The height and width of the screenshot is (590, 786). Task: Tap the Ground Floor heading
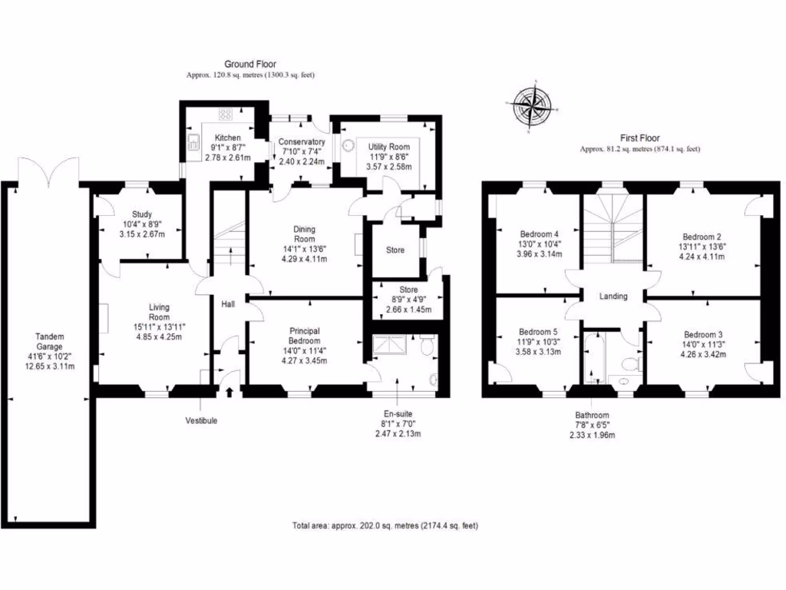[250, 65]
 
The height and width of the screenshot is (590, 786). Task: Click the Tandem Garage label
[49, 343]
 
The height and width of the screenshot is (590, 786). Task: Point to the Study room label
[141, 214]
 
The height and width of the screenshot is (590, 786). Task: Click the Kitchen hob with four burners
[226, 115]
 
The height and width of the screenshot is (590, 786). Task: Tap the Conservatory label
[302, 142]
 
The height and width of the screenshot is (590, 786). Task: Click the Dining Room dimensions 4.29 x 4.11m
[304, 259]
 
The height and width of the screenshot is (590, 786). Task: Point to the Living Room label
[158, 312]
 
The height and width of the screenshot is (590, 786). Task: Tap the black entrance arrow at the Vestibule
[230, 393]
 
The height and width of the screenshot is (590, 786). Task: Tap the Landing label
[613, 297]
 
